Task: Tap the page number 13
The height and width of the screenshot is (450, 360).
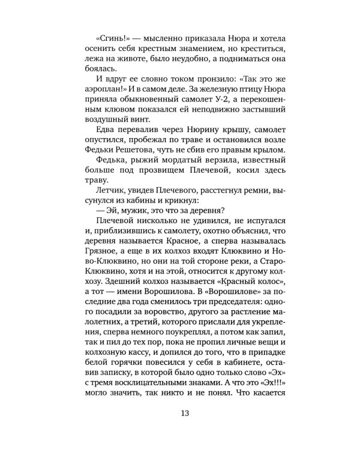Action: pyautogui.click(x=180, y=412)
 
